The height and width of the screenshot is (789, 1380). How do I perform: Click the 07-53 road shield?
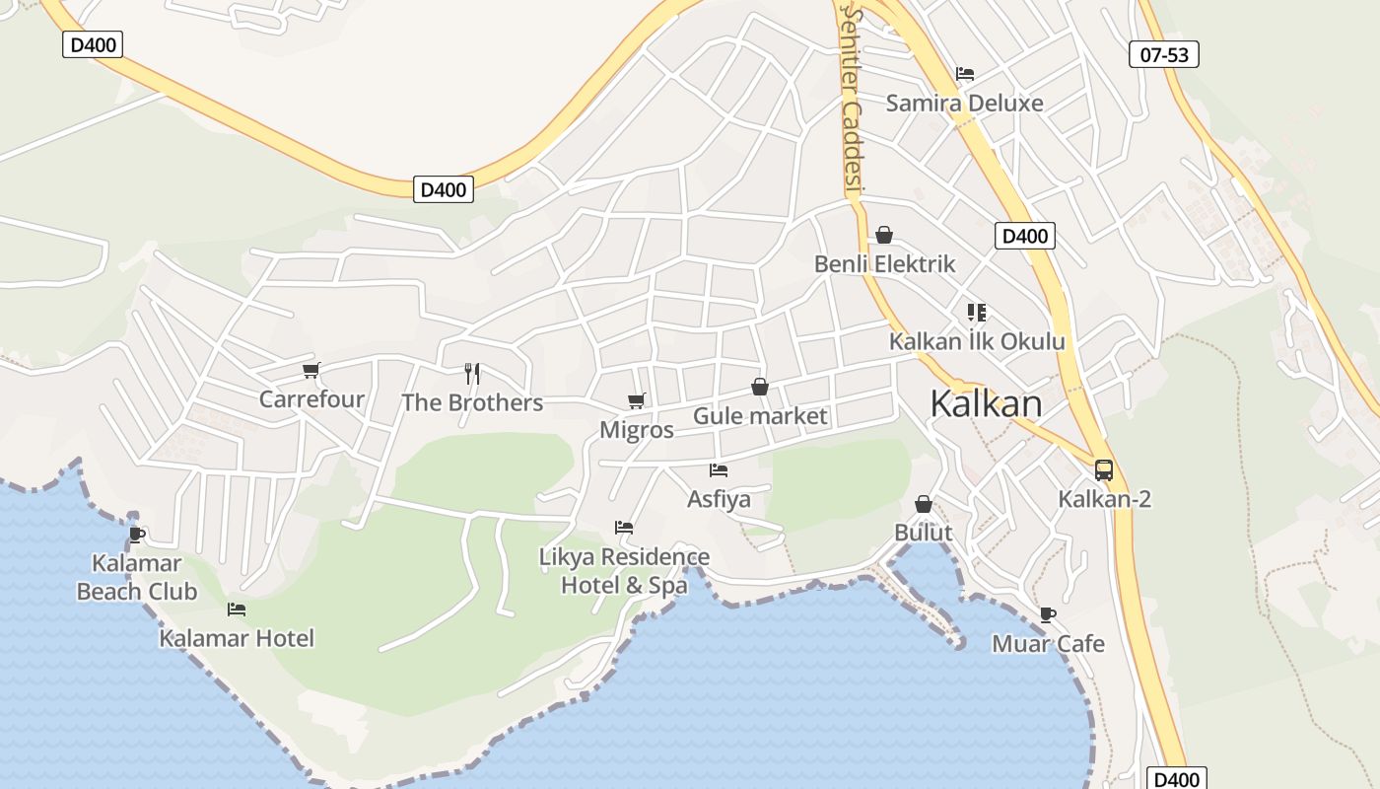point(1164,55)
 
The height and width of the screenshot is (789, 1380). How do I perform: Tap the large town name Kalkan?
point(986,403)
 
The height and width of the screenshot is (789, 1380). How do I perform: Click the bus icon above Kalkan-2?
point(1103,470)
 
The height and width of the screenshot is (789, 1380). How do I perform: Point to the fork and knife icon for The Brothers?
point(472,373)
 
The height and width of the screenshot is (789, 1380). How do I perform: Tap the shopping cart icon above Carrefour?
point(311,371)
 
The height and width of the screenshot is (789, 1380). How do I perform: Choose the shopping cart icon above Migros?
point(637,401)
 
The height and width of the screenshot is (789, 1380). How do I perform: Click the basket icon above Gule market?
point(759,387)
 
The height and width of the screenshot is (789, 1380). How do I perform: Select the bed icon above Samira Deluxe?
point(964,74)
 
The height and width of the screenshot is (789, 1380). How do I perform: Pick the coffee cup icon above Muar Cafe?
point(1047,615)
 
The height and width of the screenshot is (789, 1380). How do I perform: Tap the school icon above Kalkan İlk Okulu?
point(977,313)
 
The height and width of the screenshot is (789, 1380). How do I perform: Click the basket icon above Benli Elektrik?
point(884,235)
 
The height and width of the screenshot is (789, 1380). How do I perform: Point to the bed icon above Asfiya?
point(719,470)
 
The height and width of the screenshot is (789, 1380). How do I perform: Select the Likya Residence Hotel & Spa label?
point(624,571)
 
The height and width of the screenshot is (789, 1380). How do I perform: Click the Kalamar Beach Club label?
point(137,578)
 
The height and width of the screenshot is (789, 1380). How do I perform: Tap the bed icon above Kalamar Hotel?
point(236,610)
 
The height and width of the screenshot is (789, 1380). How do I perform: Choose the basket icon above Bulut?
point(924,504)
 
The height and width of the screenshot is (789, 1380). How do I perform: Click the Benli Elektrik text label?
point(884,264)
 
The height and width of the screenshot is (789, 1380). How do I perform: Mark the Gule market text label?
point(760,416)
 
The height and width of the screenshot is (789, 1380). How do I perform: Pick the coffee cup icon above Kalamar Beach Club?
point(137,535)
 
